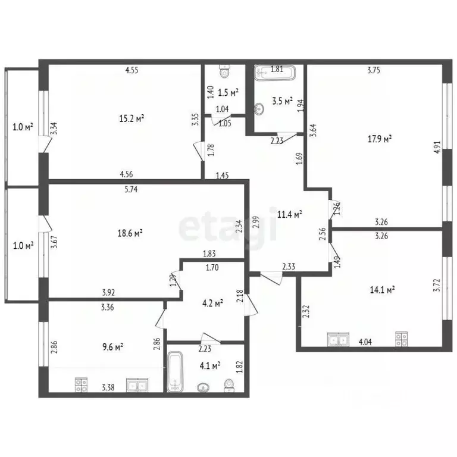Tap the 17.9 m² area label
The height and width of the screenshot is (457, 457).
tap(379, 139)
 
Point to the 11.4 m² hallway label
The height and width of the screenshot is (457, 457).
tap(290, 214)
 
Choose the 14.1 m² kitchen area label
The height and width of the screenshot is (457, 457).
tap(383, 290)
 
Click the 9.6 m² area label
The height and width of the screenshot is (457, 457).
tap(111, 346)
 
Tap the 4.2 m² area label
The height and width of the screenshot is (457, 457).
tap(211, 303)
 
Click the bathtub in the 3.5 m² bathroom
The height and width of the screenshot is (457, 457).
tap(275, 74)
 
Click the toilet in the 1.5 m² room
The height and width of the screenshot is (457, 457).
tap(224, 72)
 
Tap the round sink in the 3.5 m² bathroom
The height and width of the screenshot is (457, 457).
tap(259, 109)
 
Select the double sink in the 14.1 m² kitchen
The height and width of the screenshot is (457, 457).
tap(339, 340)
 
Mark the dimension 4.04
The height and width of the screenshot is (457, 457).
tap(366, 342)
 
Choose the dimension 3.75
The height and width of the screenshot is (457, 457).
tap(374, 70)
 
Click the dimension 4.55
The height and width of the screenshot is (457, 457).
tap(132, 70)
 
